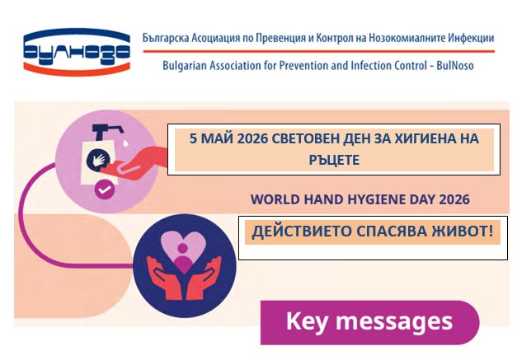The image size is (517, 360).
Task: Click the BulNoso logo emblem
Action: point(77,51)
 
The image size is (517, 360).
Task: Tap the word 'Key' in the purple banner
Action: point(307,321)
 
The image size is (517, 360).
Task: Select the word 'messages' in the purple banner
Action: point(393,322)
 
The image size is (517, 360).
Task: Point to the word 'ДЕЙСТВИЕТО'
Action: point(302,231)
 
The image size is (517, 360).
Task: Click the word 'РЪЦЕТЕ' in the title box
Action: point(334,160)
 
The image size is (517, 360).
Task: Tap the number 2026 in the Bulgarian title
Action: point(252,138)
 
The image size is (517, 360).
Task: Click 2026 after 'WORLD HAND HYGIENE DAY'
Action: point(454,199)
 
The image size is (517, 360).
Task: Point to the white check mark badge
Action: point(105,189)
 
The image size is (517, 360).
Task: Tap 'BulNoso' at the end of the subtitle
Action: point(455,66)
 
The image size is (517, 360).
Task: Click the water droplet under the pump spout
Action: point(125,143)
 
